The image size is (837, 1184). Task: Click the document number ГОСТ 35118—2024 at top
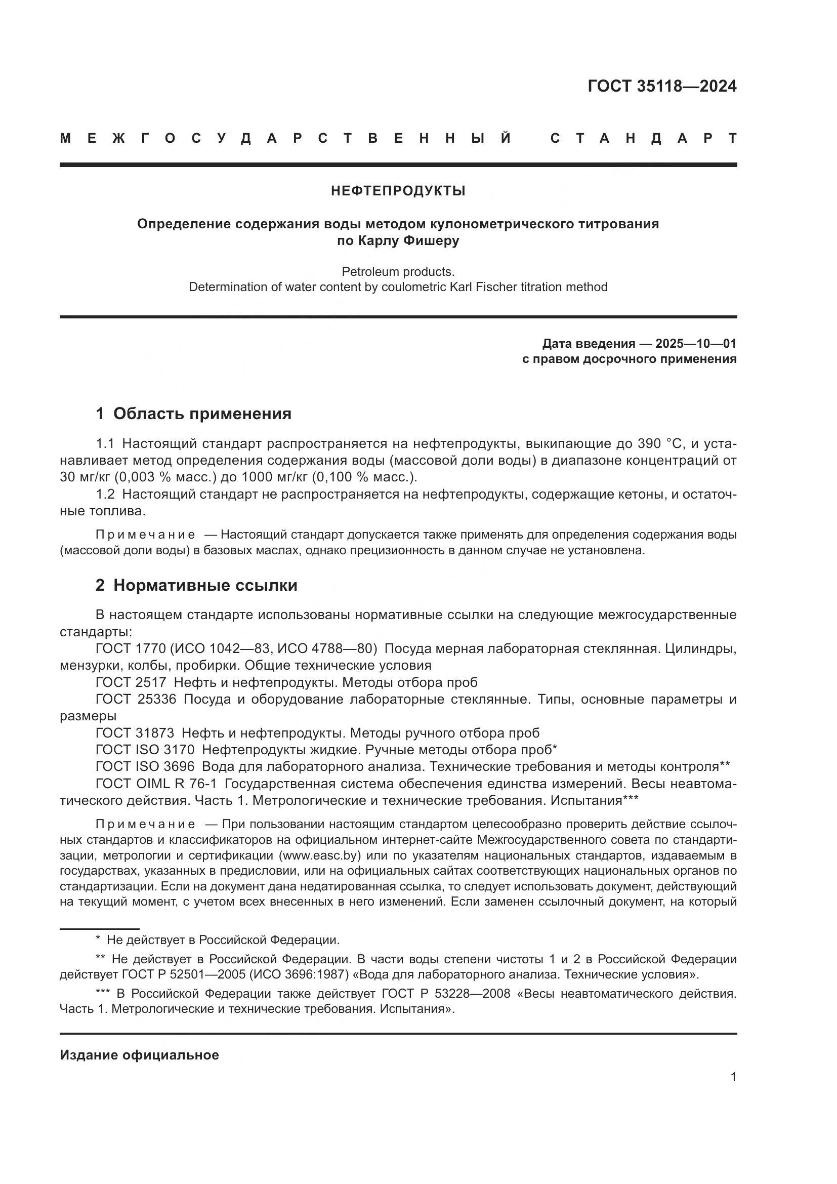(x=662, y=86)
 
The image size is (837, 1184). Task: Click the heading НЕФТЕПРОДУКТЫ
(x=398, y=191)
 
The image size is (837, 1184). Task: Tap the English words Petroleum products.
(x=398, y=271)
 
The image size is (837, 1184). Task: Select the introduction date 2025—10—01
(x=696, y=343)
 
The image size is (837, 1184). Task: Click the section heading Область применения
(x=202, y=414)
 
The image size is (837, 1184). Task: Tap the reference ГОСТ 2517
(x=131, y=682)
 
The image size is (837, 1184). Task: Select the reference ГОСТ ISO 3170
(x=145, y=749)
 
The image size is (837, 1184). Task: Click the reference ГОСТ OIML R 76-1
(x=156, y=783)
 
